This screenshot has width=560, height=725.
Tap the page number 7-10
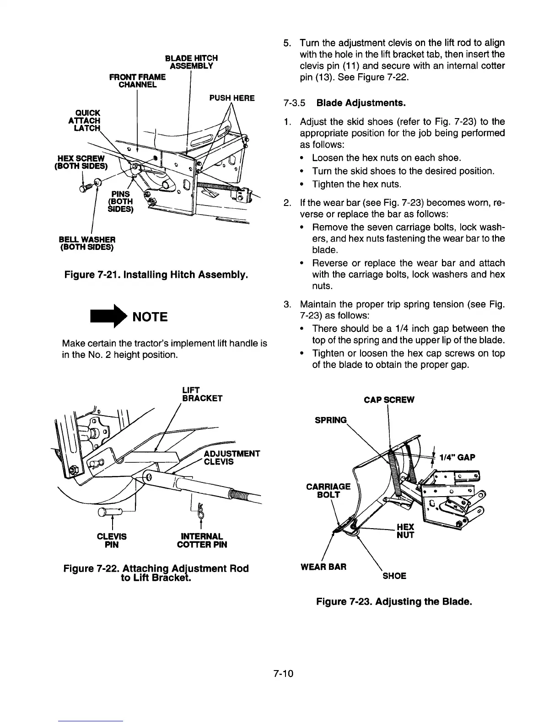click(284, 674)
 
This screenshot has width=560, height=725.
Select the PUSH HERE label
click(232, 98)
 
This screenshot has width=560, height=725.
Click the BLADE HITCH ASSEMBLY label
click(191, 62)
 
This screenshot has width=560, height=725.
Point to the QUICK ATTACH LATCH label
click(84, 120)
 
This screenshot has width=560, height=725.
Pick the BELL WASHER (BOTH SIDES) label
click(87, 243)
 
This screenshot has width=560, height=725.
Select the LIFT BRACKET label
click(202, 394)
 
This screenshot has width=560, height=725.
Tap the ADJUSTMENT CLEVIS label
click(232, 457)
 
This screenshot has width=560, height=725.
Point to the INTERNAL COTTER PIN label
click(202, 540)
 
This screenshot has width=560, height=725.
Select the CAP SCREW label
click(389, 400)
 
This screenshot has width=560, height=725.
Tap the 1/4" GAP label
click(457, 457)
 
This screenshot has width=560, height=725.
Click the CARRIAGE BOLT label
click(328, 490)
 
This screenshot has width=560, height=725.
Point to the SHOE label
click(394, 576)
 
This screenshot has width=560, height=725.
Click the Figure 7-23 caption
click(393, 601)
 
